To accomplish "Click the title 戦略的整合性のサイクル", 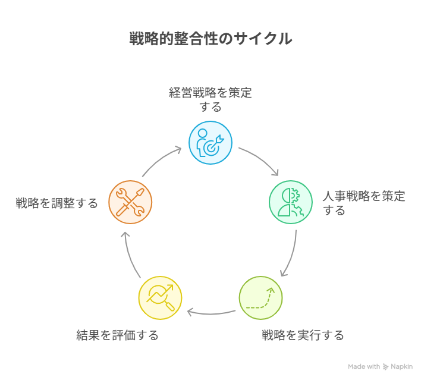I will (x=211, y=39).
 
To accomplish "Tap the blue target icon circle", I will (x=211, y=143).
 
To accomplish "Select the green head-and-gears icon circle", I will (x=291, y=202).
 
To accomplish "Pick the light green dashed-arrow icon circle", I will (x=260, y=298).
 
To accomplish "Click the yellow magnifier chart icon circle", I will (x=160, y=298).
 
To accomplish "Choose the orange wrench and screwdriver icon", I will (x=130, y=202).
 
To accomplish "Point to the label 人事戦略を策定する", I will (x=363, y=203).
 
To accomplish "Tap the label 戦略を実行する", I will (x=303, y=335).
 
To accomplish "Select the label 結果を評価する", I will (x=118, y=335).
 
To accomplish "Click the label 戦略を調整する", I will (x=57, y=203).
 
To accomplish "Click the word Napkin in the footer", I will (x=402, y=367).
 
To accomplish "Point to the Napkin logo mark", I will (x=386, y=367).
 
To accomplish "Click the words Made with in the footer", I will (x=364, y=367).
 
